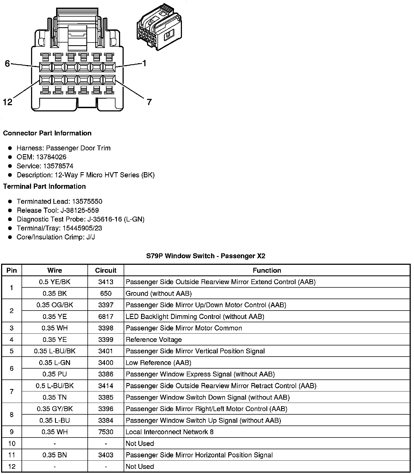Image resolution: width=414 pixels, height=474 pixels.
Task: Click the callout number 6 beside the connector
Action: pyautogui.click(x=7, y=64)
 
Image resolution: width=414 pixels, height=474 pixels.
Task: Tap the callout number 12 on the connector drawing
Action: pyautogui.click(x=8, y=102)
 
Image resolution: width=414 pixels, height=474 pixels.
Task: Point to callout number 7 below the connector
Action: pyautogui.click(x=149, y=102)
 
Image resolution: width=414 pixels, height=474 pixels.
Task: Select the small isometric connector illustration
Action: pyautogui.click(x=159, y=27)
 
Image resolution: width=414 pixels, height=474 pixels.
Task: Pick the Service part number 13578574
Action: pyautogui.click(x=58, y=166)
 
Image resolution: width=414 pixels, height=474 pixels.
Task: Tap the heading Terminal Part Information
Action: pyautogui.click(x=44, y=186)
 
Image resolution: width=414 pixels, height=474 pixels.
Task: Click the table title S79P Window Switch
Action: pyautogui.click(x=206, y=256)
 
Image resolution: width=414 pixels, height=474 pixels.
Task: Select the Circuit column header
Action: pyautogui.click(x=106, y=270)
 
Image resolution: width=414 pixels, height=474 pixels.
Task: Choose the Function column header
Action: pyautogui.click(x=267, y=270)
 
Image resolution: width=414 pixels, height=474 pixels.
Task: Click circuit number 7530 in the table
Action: pyautogui.click(x=106, y=432)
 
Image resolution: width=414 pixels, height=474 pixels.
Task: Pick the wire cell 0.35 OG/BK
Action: pyautogui.click(x=55, y=305)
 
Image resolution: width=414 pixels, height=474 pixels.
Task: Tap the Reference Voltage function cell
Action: pyautogui.click(x=154, y=340)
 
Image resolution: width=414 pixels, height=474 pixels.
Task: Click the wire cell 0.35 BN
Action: pyautogui.click(x=55, y=455)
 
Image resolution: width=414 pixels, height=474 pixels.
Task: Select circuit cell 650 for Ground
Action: pyautogui.click(x=106, y=293)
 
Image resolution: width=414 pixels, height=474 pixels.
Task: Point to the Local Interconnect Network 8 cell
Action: pyautogui.click(x=169, y=432)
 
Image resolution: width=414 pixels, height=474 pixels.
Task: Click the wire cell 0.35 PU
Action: pyautogui.click(x=55, y=374)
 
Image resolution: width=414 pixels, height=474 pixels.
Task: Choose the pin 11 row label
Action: pyautogui.click(x=12, y=455)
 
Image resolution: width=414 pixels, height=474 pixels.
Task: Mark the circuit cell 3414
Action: pyautogui.click(x=106, y=386)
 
